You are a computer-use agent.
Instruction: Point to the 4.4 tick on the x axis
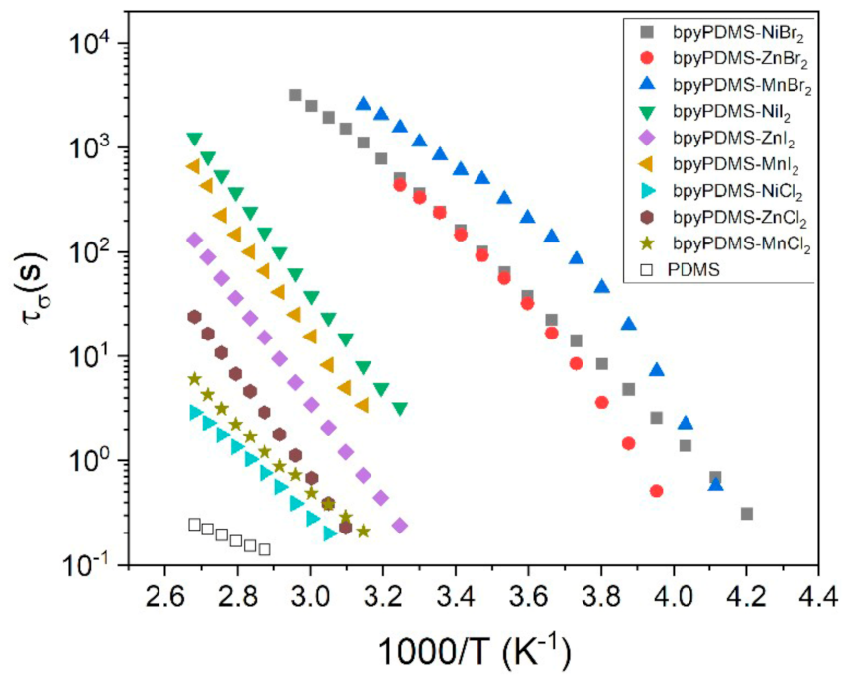818,597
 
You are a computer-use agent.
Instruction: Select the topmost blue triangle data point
364,103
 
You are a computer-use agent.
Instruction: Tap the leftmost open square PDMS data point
195,525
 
